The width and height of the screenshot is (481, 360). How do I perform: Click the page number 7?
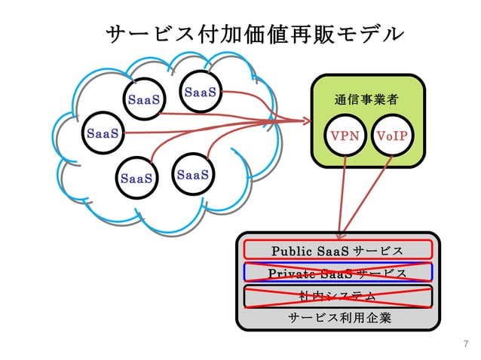pos(465,344)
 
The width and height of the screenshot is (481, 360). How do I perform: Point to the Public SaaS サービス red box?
pos(338,249)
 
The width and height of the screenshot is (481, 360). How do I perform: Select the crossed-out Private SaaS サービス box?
pos(338,272)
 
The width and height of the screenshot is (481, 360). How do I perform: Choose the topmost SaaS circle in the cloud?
pos(201,93)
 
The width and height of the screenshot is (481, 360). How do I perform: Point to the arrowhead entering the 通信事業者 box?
pos(305,121)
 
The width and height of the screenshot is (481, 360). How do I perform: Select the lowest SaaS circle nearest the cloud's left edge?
pos(136,178)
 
